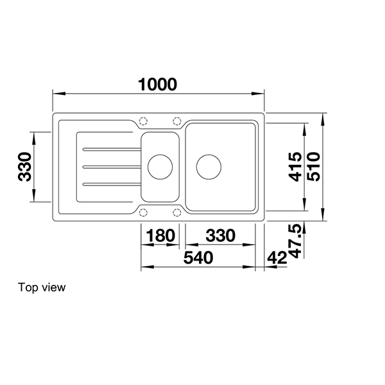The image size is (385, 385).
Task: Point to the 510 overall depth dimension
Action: coord(314,167)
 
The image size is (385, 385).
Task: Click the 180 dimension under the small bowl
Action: coord(160,235)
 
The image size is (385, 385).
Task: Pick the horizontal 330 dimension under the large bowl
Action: coord(219,235)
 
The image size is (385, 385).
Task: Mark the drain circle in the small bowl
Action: coord(160,166)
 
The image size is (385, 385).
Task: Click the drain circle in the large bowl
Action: coord(209,166)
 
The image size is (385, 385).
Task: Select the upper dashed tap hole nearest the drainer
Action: coord(143,120)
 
